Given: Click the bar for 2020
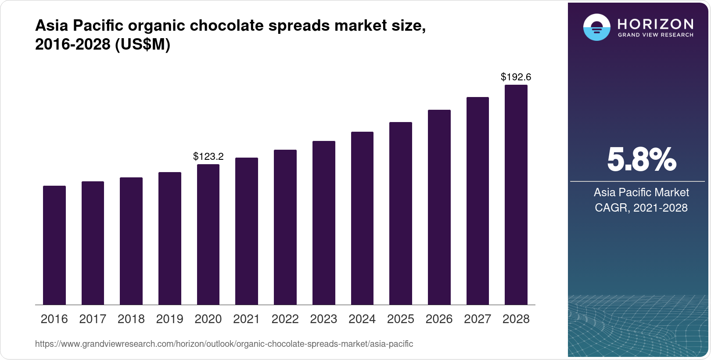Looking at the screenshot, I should tap(208, 234).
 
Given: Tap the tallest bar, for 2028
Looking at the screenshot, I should tap(516, 195).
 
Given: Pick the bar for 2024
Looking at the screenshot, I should tap(362, 218).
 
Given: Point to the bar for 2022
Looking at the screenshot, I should tap(285, 227).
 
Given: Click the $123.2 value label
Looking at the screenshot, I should tap(208, 156).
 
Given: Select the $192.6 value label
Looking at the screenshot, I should tap(516, 77).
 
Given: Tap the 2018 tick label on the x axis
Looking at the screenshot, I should tap(131, 319).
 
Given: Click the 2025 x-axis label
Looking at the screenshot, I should tap(401, 319).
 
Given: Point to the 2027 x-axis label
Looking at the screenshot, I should tap(478, 319).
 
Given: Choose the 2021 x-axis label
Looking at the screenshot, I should tap(247, 319).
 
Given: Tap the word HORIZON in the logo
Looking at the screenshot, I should tap(656, 24).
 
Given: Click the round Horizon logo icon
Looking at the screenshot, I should tap(596, 28).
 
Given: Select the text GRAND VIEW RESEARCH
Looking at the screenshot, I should tap(656, 35).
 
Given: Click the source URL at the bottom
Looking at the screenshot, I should tap(224, 344).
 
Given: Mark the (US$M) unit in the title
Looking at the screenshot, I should tap(143, 45).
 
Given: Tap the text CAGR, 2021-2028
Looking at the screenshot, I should tap(641, 208).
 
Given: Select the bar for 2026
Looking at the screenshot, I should tap(439, 207).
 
